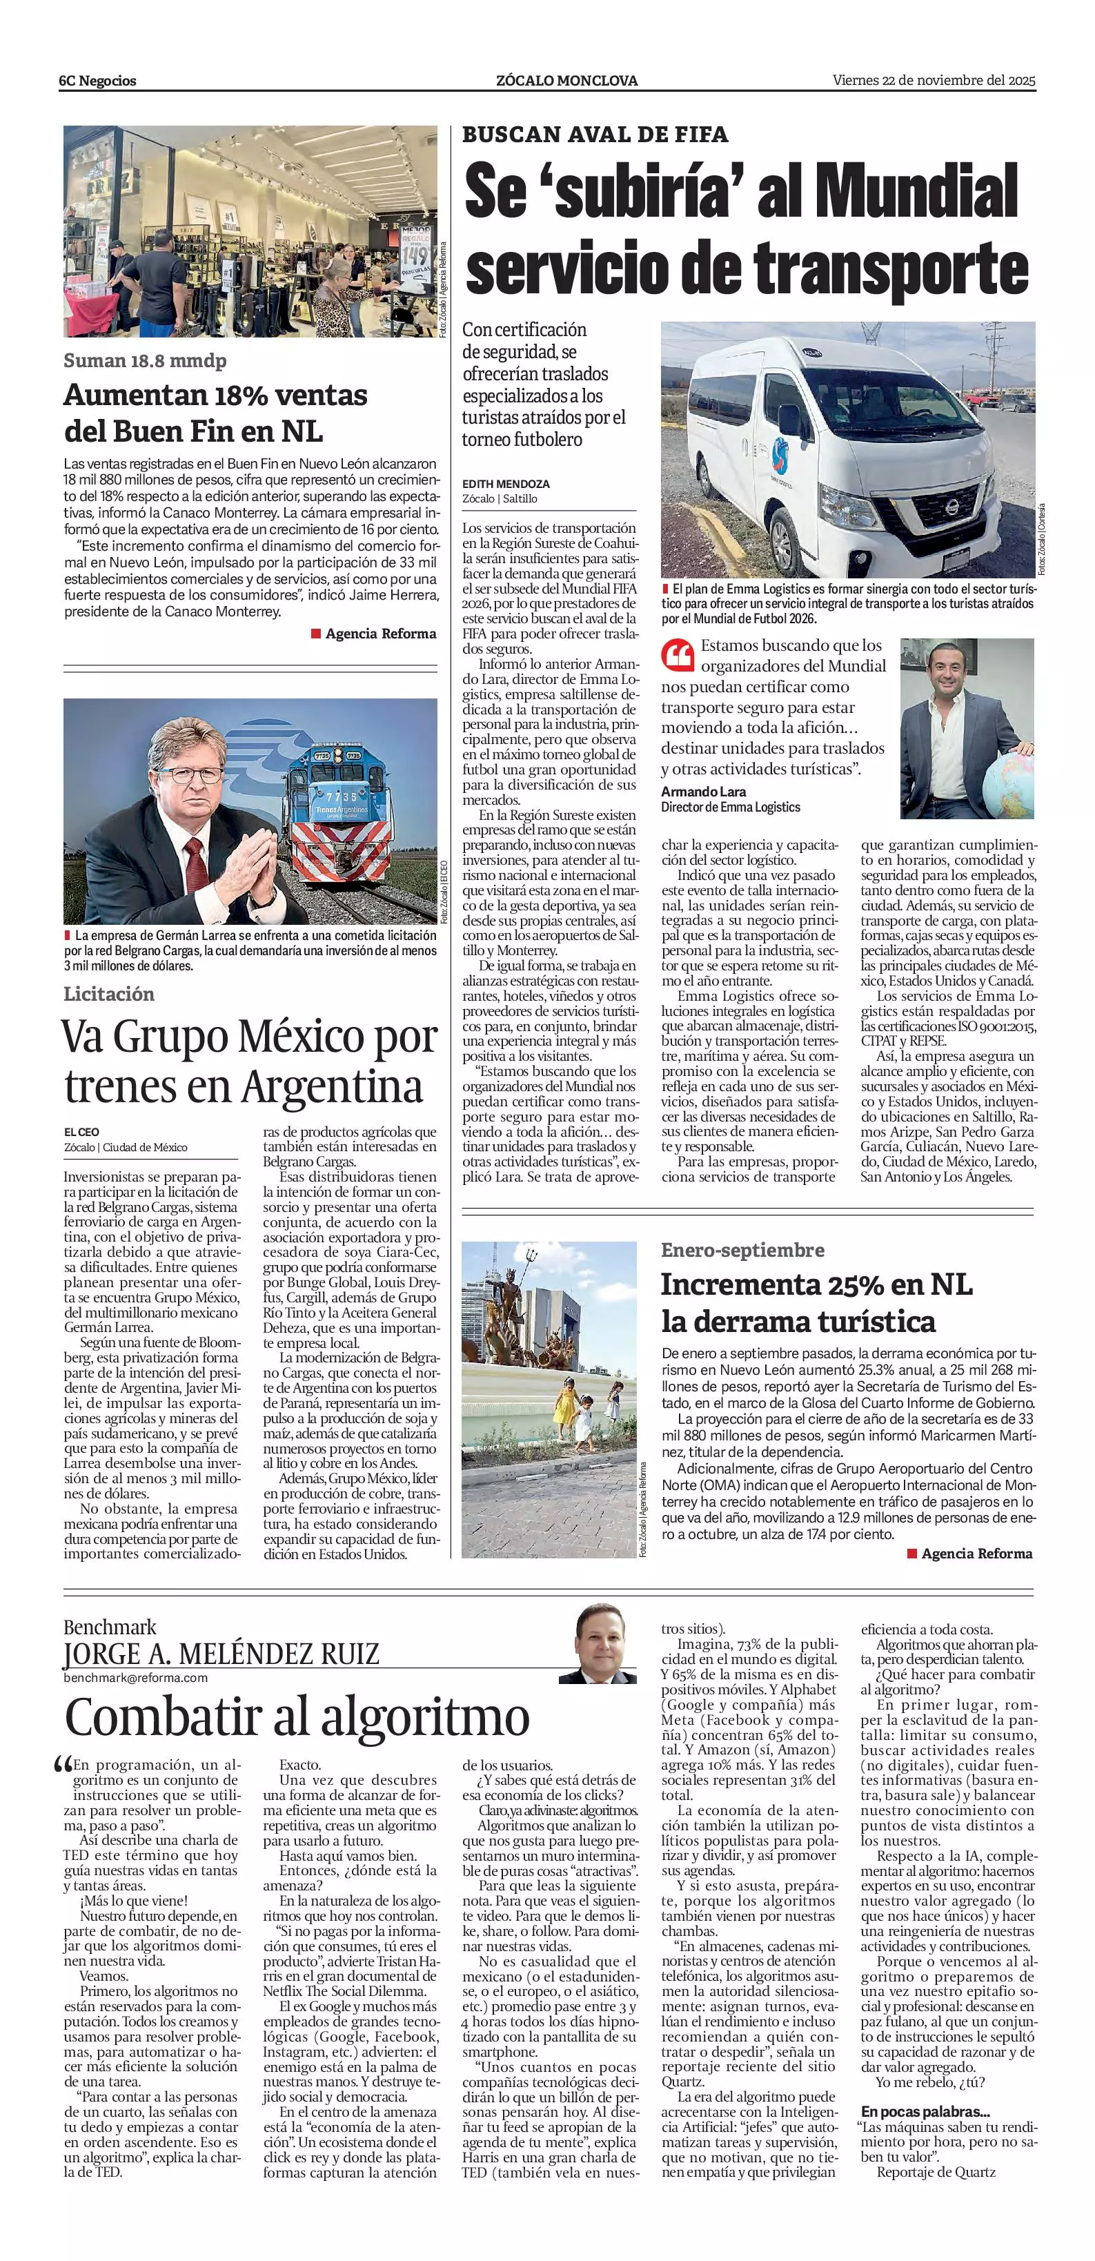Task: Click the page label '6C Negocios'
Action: (x=97, y=81)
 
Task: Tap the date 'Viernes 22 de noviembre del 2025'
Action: (x=934, y=80)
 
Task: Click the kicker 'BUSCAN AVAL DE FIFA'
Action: (x=595, y=135)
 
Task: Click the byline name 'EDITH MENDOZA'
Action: (x=505, y=484)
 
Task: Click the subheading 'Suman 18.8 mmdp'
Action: (x=145, y=361)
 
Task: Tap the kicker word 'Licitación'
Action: (x=109, y=994)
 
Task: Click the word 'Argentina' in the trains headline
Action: (x=333, y=1086)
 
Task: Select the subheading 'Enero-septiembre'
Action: (x=742, y=1250)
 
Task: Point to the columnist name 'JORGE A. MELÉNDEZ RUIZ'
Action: (x=221, y=1654)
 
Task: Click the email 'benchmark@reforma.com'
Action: (x=135, y=1677)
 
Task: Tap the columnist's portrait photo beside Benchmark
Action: (x=598, y=1644)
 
